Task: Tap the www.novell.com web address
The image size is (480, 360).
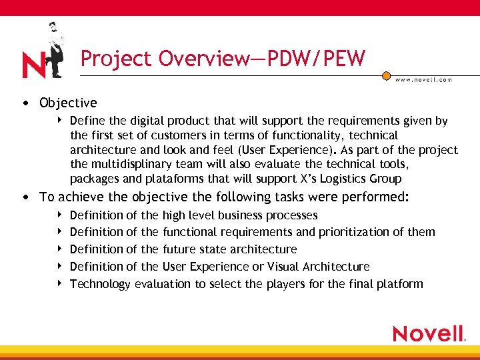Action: pyautogui.click(x=424, y=79)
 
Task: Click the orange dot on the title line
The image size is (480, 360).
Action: pyautogui.click(x=386, y=76)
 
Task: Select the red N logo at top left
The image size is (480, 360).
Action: pyautogui.click(x=33, y=65)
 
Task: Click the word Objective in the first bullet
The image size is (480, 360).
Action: pyautogui.click(x=68, y=103)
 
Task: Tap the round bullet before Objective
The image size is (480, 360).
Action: pyautogui.click(x=25, y=103)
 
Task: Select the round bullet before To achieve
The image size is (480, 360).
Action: pyautogui.click(x=25, y=197)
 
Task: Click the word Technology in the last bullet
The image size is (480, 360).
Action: pyautogui.click(x=100, y=284)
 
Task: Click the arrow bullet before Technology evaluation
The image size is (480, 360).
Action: pyautogui.click(x=60, y=283)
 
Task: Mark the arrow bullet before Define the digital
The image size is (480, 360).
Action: pyautogui.click(x=60, y=121)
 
